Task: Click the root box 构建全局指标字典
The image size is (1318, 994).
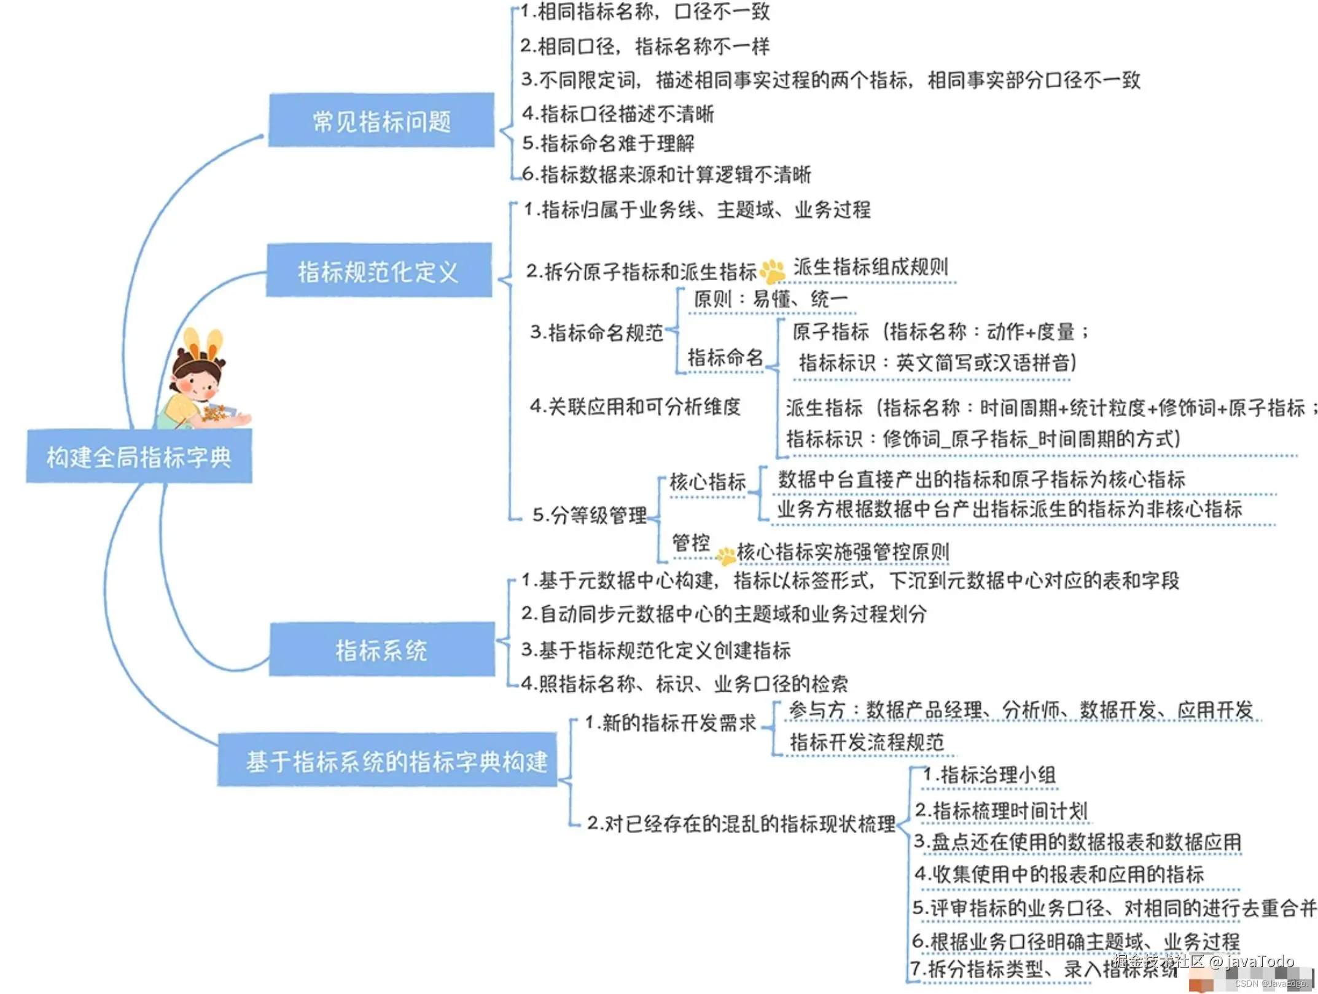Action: pyautogui.click(x=139, y=456)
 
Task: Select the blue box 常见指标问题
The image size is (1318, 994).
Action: pyautogui.click(x=381, y=121)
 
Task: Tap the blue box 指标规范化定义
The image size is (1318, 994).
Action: pyautogui.click(x=378, y=271)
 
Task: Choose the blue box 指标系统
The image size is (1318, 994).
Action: pyautogui.click(x=381, y=649)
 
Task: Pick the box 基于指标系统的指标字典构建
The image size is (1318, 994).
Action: pyautogui.click(x=388, y=761)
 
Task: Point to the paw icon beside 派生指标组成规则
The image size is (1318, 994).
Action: pyautogui.click(x=773, y=271)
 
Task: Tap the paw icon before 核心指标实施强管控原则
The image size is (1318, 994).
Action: pyautogui.click(x=727, y=555)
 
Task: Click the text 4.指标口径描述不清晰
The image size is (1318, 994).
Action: pyautogui.click(x=618, y=114)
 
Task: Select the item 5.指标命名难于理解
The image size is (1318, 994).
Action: pyautogui.click(x=608, y=144)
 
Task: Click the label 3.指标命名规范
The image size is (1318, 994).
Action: pyautogui.click(x=596, y=332)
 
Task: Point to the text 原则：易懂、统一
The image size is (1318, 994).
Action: pyautogui.click(x=771, y=299)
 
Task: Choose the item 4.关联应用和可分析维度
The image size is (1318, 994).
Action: pyautogui.click(x=635, y=406)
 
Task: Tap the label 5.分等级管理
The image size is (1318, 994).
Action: pyautogui.click(x=589, y=515)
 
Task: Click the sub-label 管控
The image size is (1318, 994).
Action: pyautogui.click(x=691, y=542)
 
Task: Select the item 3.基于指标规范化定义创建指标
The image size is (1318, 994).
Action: pyautogui.click(x=656, y=650)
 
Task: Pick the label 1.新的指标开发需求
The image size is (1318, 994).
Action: pyautogui.click(x=670, y=723)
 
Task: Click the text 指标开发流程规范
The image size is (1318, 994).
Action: pyautogui.click(x=867, y=742)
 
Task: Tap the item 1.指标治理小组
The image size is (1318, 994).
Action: pyautogui.click(x=989, y=775)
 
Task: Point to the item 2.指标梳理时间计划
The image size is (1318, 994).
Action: pyautogui.click(x=1002, y=811)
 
